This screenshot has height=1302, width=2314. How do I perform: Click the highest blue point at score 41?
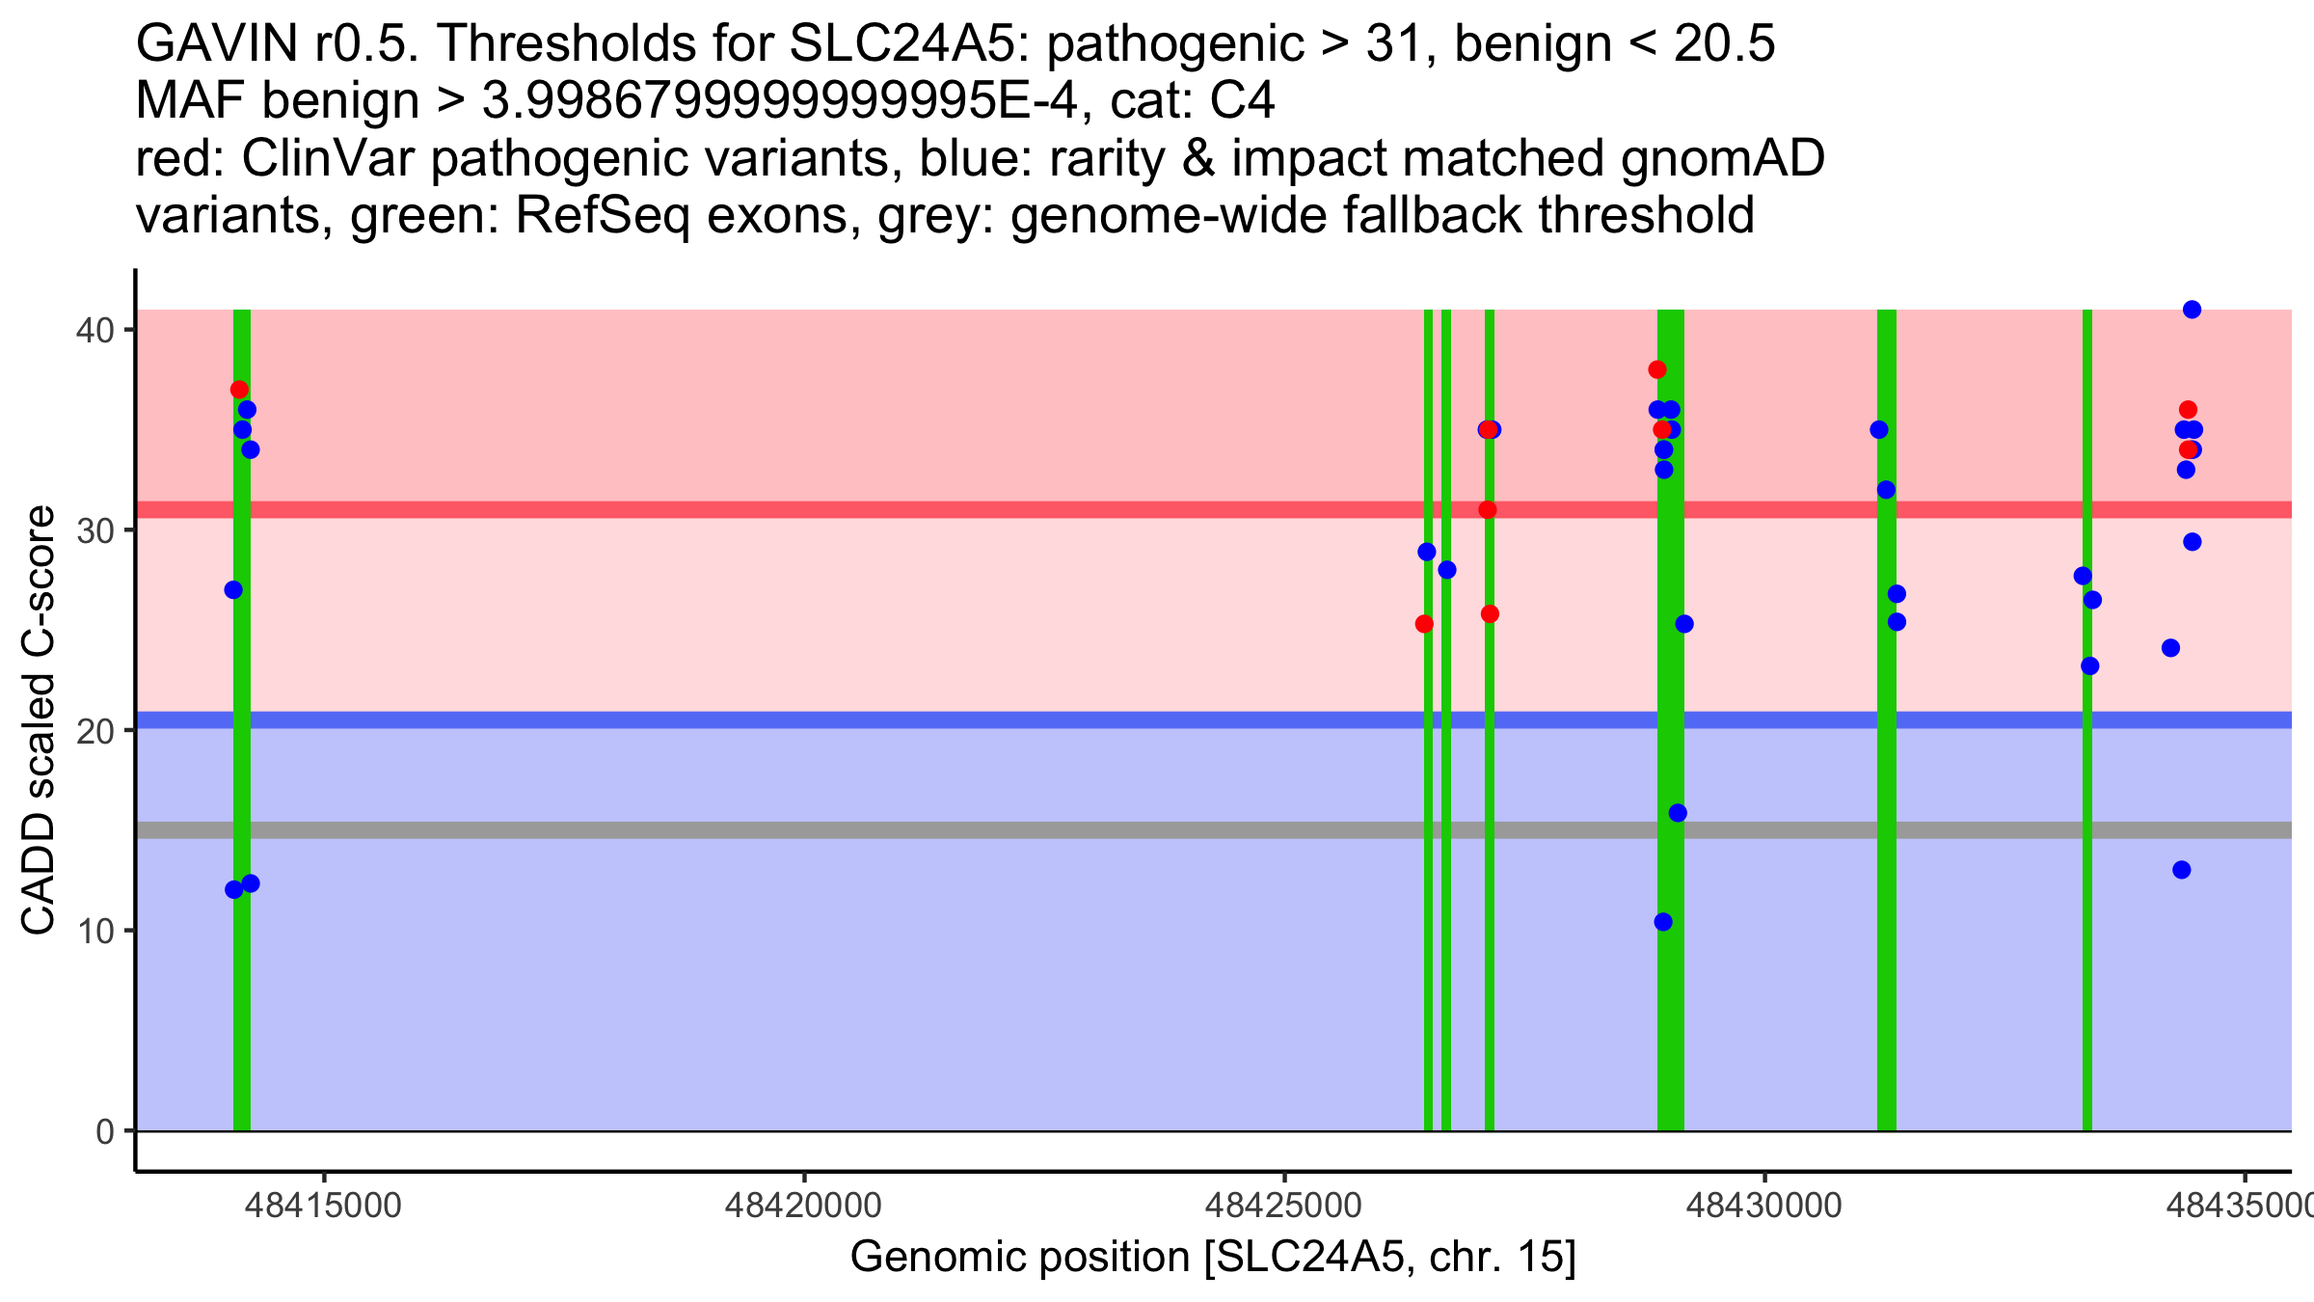coord(2192,310)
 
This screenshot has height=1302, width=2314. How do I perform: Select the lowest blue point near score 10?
coord(1663,922)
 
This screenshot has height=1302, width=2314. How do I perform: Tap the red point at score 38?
coord(1657,369)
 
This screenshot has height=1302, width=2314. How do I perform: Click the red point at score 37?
coord(239,390)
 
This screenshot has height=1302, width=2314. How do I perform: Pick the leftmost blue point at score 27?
coord(233,590)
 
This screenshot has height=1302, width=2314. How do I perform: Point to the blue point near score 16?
coord(1678,813)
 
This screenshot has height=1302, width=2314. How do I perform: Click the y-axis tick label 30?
coord(94,530)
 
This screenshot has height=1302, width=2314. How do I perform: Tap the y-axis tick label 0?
coord(104,1131)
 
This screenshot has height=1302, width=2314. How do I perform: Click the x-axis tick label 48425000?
coord(1284,1206)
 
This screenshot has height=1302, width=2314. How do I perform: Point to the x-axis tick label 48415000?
coord(324,1206)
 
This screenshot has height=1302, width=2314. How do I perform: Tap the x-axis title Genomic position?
coord(1213,1258)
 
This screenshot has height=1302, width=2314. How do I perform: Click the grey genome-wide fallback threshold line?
coord(964,830)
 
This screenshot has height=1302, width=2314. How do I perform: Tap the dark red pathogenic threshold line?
coord(964,509)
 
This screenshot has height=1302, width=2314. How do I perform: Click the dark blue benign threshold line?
coord(964,720)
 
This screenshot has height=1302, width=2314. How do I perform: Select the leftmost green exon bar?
coord(242,964)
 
